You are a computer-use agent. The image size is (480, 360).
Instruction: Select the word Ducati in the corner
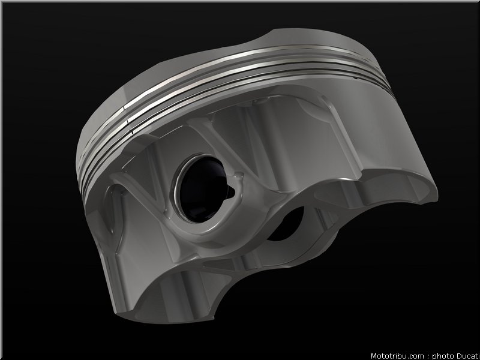(468, 356)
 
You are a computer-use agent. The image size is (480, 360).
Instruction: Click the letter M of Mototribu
(374, 356)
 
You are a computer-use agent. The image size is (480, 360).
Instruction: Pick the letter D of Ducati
(459, 356)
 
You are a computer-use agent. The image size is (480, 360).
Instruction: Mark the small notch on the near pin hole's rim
(231, 192)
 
